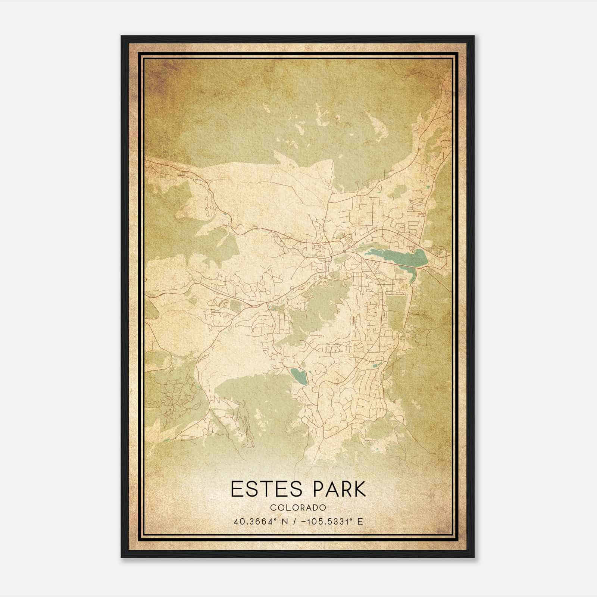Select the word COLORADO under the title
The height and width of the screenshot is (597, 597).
(298, 508)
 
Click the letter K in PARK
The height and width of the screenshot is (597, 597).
(359, 489)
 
